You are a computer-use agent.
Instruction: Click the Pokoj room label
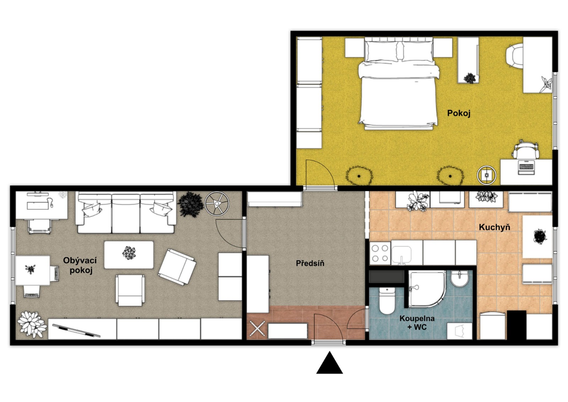[459, 113]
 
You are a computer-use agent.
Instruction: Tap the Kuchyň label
[495, 227]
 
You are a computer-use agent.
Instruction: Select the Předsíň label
[310, 263]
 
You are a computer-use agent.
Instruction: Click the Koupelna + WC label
[417, 322]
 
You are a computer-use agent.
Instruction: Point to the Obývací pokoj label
[80, 265]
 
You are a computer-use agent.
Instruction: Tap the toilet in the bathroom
[387, 301]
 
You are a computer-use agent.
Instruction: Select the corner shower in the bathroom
[426, 289]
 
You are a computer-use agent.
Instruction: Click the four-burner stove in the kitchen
[380, 253]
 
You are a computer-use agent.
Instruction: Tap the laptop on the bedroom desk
[526, 167]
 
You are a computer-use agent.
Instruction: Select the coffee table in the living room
[129, 255]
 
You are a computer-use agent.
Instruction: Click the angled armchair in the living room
[177, 267]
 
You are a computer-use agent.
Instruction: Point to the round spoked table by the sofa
[217, 203]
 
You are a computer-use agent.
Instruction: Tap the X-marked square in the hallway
[257, 329]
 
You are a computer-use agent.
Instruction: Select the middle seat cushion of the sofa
[126, 213]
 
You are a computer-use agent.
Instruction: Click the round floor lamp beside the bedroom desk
[486, 175]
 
